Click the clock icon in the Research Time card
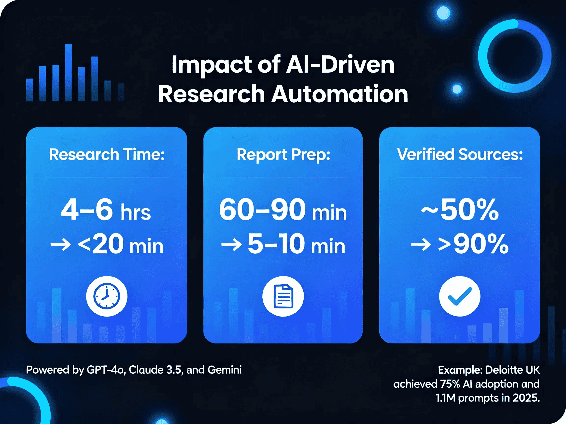point(106,296)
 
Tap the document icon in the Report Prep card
point(283,296)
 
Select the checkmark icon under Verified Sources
point(460,296)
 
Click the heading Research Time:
point(106,154)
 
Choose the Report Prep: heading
point(283,155)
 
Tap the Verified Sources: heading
point(460,154)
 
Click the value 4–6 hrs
point(106,210)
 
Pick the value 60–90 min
point(283,210)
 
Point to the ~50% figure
point(460,210)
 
